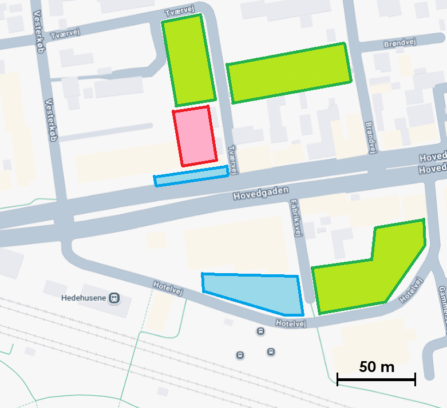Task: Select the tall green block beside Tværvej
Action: click(189, 61)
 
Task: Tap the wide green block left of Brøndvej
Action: click(288, 73)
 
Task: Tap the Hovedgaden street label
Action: click(258, 193)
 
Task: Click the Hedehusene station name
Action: click(84, 298)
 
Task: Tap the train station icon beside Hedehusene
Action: click(115, 298)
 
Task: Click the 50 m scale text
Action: click(377, 367)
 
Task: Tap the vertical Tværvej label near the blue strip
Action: click(233, 158)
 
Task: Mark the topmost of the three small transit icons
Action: click(261, 331)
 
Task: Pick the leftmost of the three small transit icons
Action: click(240, 355)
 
